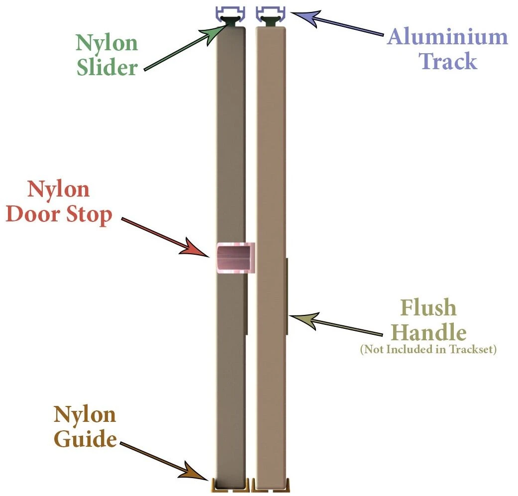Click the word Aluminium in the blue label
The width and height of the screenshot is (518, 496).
pos(447,37)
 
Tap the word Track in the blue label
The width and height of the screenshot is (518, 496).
pos(447,62)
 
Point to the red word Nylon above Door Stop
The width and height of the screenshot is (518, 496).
pos(58,191)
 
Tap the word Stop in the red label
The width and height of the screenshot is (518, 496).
pos(89,216)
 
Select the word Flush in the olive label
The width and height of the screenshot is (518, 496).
pos(428,308)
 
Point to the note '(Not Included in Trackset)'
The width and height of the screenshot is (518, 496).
pos(428,350)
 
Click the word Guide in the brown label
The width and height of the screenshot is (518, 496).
pos(85,440)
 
